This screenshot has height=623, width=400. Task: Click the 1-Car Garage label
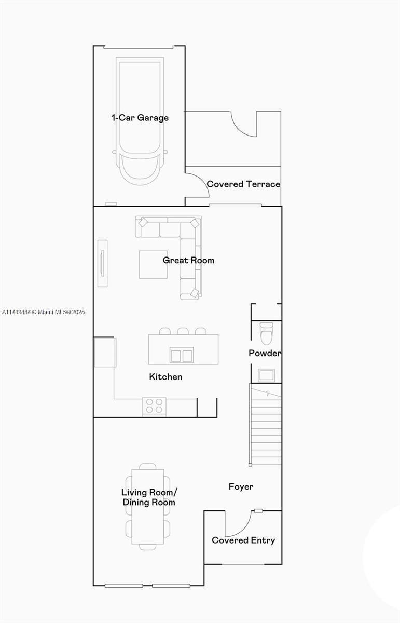click(140, 118)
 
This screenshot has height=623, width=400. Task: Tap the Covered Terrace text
click(243, 184)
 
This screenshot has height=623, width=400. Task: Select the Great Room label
click(188, 260)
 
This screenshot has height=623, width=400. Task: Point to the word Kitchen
click(165, 377)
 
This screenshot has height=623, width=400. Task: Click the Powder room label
click(265, 354)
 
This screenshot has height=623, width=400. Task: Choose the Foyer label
click(241, 487)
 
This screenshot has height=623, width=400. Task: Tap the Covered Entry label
click(243, 540)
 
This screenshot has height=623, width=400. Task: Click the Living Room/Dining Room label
click(148, 497)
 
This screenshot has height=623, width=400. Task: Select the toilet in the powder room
click(266, 333)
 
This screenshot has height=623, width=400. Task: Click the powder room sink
click(266, 374)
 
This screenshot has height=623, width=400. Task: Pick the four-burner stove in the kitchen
click(154, 406)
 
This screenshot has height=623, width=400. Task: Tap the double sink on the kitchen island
click(182, 355)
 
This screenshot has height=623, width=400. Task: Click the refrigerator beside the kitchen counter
click(104, 353)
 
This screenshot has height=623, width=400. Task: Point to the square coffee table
click(153, 264)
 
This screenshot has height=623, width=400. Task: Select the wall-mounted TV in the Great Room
click(102, 263)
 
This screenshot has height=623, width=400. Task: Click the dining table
click(148, 506)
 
